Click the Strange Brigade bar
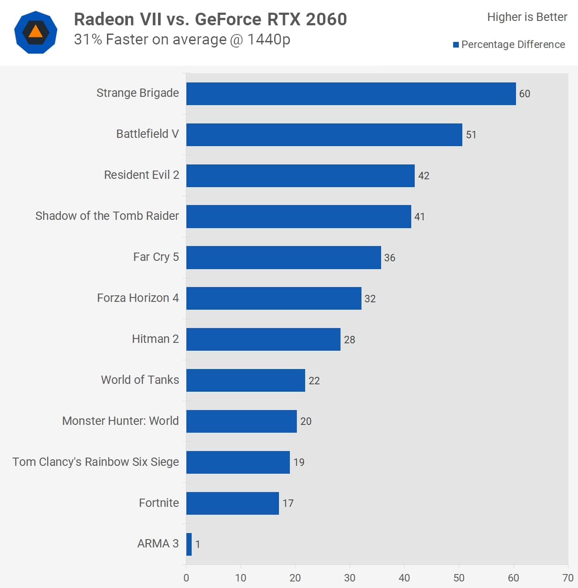tap(351, 94)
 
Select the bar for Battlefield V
tap(324, 135)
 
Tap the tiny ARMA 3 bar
tap(189, 544)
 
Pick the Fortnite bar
tap(232, 503)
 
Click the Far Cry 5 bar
tap(283, 257)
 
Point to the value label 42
tap(423, 176)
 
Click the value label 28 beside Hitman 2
tap(349, 339)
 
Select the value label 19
tap(299, 462)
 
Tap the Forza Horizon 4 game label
tap(138, 298)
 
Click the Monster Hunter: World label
tap(120, 421)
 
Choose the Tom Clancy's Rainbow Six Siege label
tap(96, 462)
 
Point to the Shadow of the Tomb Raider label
tap(107, 216)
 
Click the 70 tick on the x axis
tap(568, 578)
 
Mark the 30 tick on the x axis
tap(349, 578)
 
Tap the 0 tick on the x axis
tap(186, 578)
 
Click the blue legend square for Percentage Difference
tap(456, 44)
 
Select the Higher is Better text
tap(527, 17)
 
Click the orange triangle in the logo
tap(35, 32)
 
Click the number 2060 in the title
tap(326, 19)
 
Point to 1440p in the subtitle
tap(268, 40)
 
